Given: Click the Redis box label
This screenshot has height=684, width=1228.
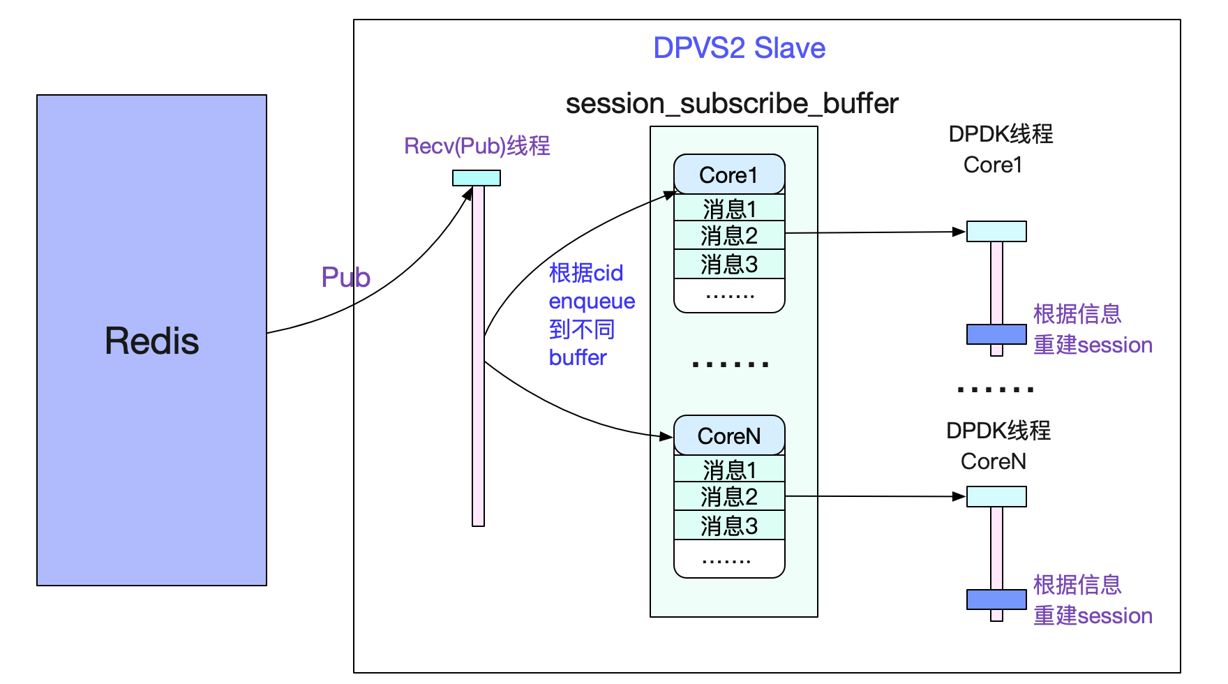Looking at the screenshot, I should [x=151, y=341].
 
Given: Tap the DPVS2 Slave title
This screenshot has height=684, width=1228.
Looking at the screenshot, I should [x=739, y=48].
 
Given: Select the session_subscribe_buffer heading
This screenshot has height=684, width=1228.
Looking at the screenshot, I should [x=731, y=103].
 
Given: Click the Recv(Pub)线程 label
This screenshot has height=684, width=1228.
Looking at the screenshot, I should [x=477, y=146].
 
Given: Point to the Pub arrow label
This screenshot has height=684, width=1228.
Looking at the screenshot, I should [x=345, y=277].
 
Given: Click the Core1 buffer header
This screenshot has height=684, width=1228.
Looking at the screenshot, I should [x=729, y=174].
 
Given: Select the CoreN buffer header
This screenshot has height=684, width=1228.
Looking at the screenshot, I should [x=729, y=436].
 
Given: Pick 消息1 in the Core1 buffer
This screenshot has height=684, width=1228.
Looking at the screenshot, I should [x=729, y=208].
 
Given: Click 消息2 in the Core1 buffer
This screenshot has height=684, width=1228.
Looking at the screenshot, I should [x=729, y=236].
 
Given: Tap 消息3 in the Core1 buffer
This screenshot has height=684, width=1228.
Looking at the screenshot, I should [x=729, y=265].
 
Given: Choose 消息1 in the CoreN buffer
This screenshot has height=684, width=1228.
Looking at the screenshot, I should [x=729, y=469].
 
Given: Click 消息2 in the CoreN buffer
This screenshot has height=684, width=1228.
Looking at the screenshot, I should [x=729, y=497].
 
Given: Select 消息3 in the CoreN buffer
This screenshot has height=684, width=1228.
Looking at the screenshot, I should [x=729, y=526].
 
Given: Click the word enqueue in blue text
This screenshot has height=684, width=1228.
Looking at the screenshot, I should [x=592, y=302].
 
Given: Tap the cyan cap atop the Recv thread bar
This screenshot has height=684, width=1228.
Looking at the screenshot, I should [x=477, y=178].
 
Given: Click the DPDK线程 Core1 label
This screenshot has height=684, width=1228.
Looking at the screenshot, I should [x=1000, y=149].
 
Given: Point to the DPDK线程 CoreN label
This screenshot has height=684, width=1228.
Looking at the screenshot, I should [x=998, y=446].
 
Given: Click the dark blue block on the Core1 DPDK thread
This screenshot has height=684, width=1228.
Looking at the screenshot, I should [x=996, y=334].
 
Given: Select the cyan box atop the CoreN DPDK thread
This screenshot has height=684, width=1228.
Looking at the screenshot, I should [x=996, y=496].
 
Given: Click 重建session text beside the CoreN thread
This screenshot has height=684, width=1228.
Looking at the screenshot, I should [x=1093, y=616].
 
